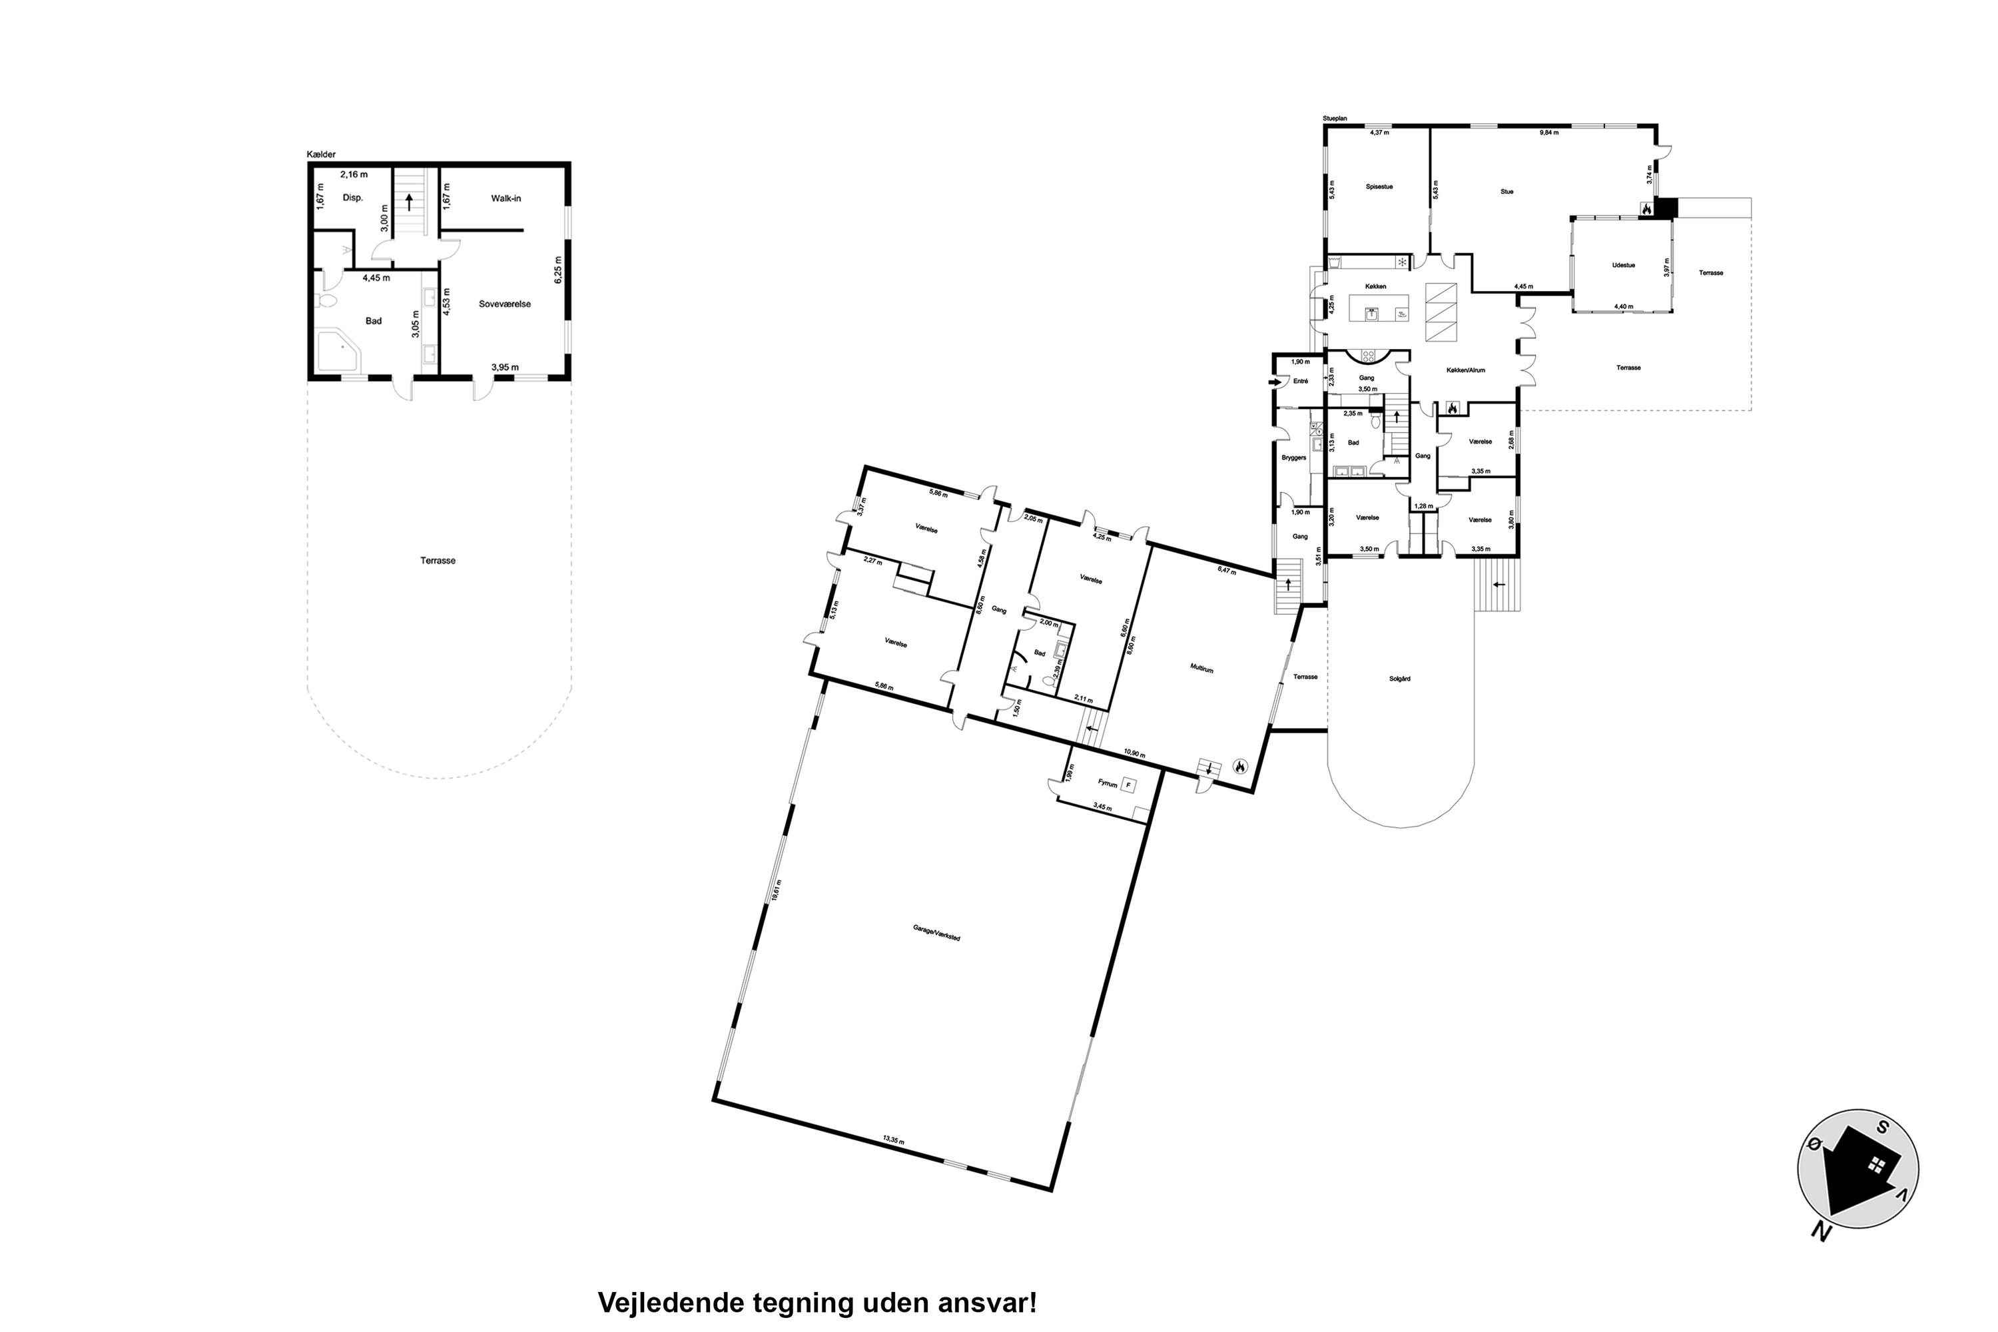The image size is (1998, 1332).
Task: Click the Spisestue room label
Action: [1379, 187]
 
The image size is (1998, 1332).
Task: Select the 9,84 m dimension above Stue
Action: [1550, 133]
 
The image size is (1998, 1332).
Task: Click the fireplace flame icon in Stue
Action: [1646, 208]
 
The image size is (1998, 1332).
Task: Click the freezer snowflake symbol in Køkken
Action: [1402, 262]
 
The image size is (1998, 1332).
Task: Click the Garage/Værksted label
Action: [936, 932]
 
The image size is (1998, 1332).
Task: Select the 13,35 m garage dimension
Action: [894, 1141]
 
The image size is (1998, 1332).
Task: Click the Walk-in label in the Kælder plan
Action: [505, 198]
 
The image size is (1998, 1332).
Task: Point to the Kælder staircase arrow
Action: [410, 203]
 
